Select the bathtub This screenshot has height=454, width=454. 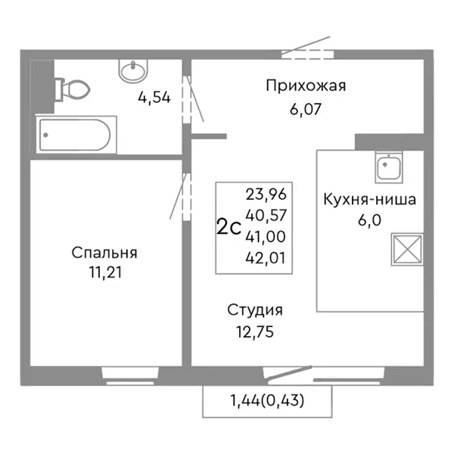pos(75,136)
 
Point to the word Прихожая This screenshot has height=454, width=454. pos(305,86)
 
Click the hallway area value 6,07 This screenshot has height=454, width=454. pos(306,108)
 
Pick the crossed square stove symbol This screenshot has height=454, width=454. pos(405,250)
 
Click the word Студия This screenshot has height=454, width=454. pos(255,309)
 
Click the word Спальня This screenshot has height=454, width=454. pos(105,252)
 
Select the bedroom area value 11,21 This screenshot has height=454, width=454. pos(105,272)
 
